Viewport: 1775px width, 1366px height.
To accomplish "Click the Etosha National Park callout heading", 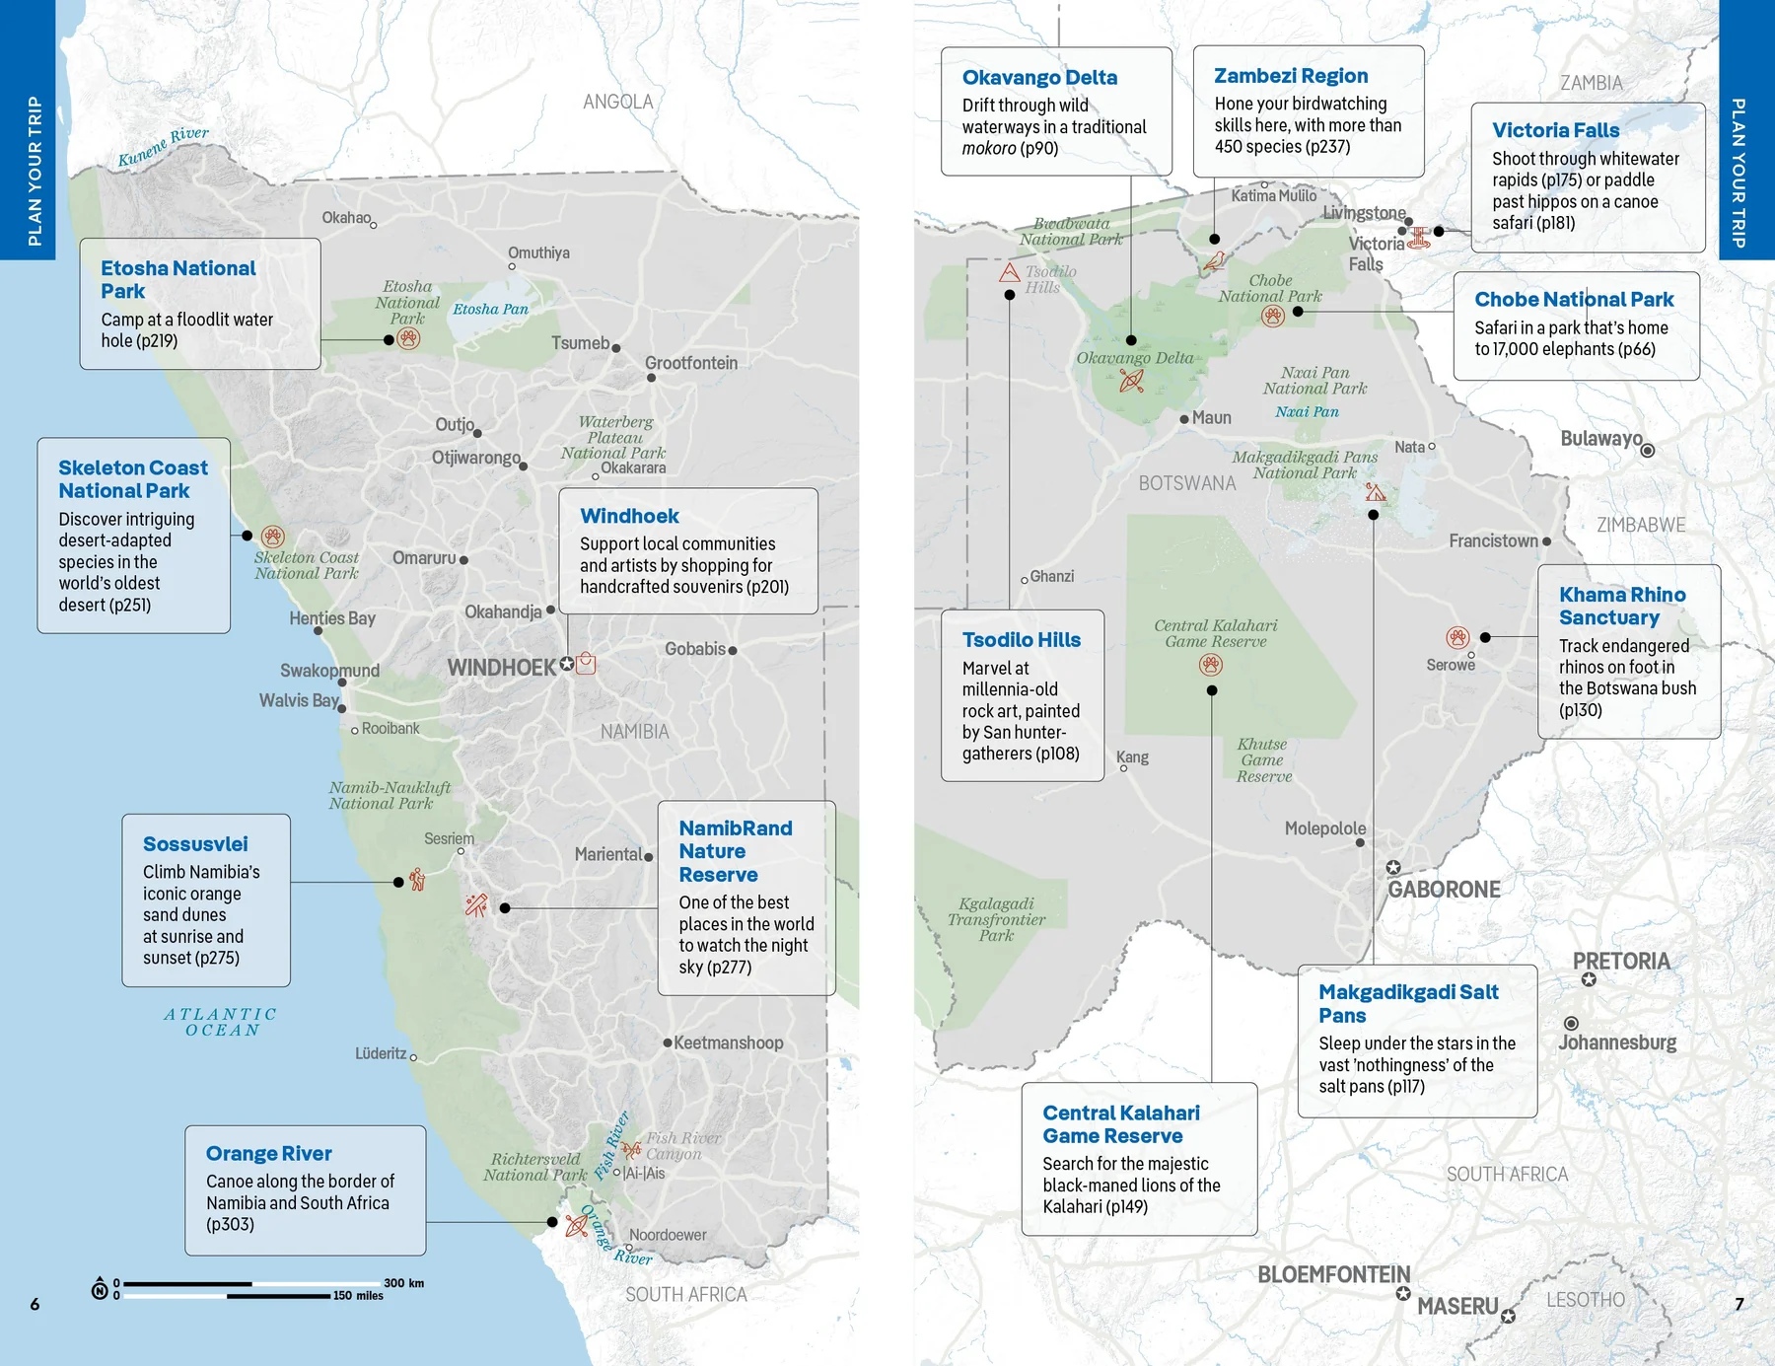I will [177, 279].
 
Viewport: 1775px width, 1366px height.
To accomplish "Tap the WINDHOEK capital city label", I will [502, 668].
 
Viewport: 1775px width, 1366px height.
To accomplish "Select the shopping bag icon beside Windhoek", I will [586, 663].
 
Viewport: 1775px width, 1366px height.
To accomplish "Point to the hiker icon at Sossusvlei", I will [417, 879].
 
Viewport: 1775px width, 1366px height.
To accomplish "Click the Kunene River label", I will [163, 147].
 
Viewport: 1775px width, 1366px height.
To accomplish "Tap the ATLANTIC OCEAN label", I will [221, 1022].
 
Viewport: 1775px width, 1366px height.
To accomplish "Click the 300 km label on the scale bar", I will [403, 1283].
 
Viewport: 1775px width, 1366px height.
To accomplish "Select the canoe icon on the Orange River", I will [577, 1226].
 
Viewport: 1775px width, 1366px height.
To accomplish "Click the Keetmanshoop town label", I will [728, 1042].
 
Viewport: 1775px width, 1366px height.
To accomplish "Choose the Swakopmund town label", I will [329, 671].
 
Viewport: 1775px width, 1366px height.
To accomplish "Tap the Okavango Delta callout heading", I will [1039, 77].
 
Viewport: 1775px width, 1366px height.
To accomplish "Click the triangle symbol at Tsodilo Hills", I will [1009, 272].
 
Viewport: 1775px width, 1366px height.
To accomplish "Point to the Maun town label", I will [1211, 418].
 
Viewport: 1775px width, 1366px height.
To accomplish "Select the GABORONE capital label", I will [1444, 890].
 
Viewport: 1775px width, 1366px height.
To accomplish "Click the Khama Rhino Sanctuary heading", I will [1621, 606].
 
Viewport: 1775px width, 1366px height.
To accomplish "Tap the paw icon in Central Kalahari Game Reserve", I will [1211, 665].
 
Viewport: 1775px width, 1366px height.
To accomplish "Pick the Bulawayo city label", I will [1600, 438].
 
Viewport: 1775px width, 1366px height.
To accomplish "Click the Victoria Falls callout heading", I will [1555, 130].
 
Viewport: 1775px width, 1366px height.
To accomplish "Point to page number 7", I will [1739, 1304].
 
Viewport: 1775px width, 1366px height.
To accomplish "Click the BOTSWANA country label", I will [1186, 483].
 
